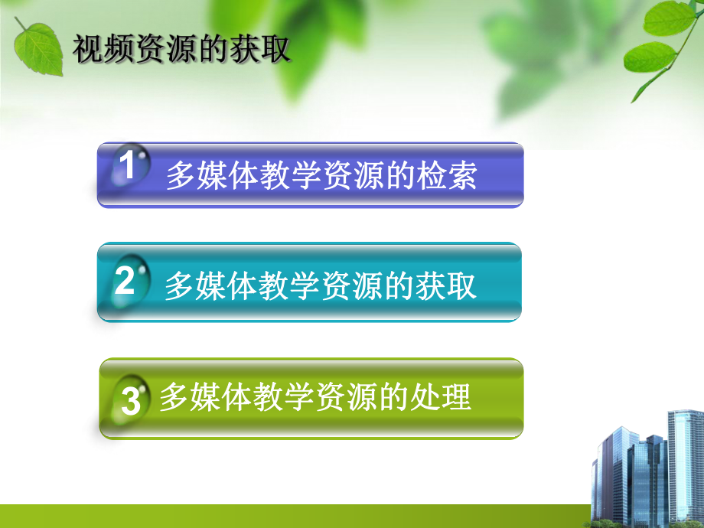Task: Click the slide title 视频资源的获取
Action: point(181,51)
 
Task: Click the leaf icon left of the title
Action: point(38,47)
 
